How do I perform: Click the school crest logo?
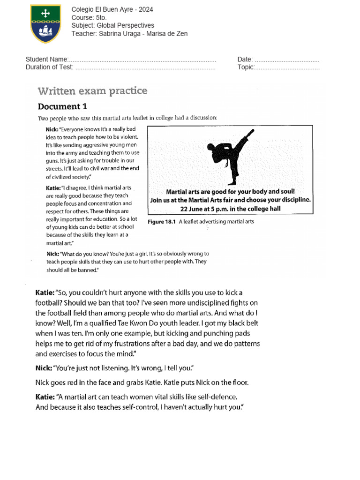pos(45,23)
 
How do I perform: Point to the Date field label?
pos(245,60)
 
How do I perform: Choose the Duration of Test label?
pos(50,67)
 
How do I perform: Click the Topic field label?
pos(246,67)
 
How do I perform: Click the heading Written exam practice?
pos(92,90)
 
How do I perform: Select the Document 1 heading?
pos(62,106)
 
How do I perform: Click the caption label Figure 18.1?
pos(162,222)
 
